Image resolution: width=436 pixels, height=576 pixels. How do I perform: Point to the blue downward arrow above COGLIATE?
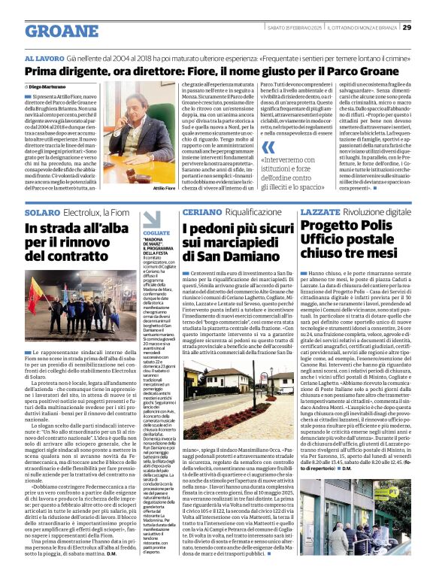pos(150,219)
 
